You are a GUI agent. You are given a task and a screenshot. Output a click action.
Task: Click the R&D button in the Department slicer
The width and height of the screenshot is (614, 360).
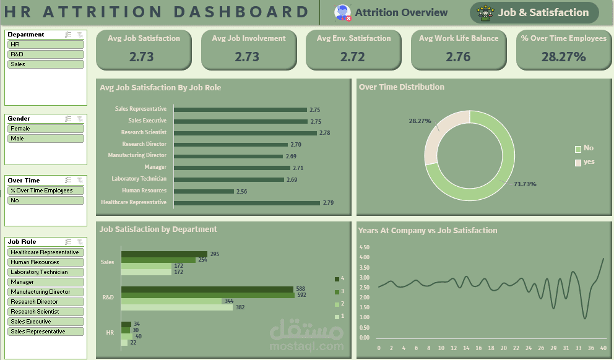click(46, 54)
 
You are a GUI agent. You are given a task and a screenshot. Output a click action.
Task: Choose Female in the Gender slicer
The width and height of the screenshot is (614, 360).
click(46, 129)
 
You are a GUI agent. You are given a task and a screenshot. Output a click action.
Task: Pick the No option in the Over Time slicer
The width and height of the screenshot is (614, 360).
click(46, 200)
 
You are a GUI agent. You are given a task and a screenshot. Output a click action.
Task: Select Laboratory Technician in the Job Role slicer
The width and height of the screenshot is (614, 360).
click(46, 272)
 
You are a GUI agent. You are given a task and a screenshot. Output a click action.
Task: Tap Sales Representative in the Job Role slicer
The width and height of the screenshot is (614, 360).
click(46, 332)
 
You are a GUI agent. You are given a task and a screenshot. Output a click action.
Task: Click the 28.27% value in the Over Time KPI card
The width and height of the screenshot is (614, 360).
click(563, 57)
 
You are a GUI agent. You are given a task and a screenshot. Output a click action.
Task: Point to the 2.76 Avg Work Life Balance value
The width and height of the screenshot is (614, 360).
click(458, 57)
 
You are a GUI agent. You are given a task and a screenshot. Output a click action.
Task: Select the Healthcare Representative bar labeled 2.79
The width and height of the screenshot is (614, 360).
click(246, 202)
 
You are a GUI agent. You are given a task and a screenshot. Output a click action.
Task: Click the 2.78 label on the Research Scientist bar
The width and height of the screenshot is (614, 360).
click(325, 133)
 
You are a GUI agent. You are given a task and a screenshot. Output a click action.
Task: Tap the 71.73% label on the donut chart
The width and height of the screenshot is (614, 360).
click(525, 184)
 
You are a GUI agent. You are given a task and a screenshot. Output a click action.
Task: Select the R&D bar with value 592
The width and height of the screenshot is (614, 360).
click(207, 295)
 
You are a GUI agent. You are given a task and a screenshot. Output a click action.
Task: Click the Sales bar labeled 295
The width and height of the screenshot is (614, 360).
click(164, 254)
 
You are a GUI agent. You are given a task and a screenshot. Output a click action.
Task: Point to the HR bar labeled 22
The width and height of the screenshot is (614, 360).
click(124, 343)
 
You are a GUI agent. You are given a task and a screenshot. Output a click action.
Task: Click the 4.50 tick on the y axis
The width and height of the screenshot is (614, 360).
click(365, 247)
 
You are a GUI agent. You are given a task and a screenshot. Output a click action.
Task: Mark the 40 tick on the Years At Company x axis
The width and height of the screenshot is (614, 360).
click(603, 348)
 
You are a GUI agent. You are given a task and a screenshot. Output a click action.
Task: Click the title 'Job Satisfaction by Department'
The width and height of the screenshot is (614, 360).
click(158, 229)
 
